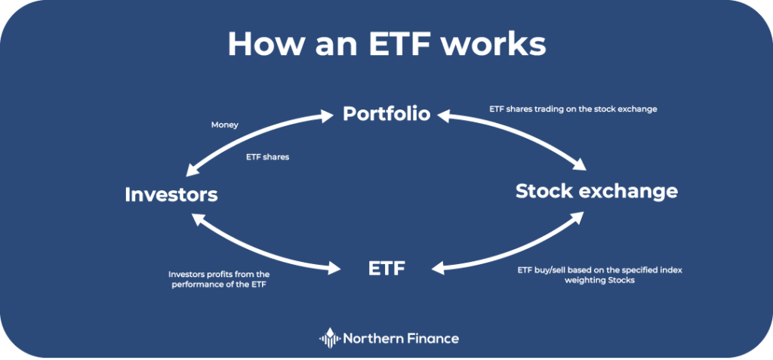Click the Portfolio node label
coord(386,114)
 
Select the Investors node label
coord(171,195)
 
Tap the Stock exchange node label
coord(596,191)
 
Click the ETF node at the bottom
coord(386,267)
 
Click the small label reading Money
coord(225,125)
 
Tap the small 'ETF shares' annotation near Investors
coord(268,157)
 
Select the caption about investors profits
coord(219,278)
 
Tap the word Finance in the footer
coord(433,338)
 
